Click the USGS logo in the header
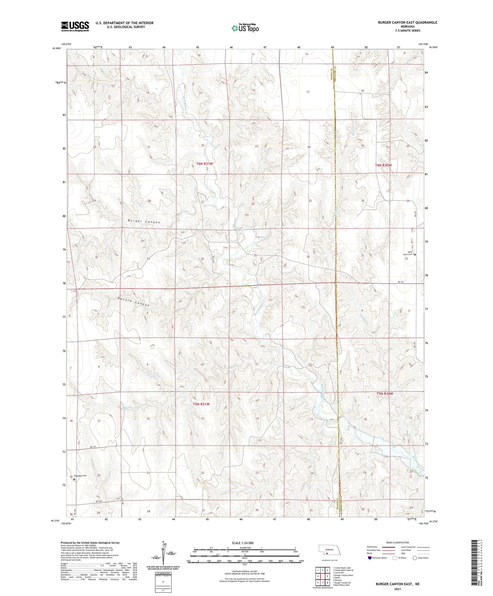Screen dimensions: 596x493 tap(75, 26)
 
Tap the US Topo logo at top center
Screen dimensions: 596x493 tap(245, 28)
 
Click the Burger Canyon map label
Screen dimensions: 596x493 tap(144, 222)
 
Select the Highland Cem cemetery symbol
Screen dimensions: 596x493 tap(74, 479)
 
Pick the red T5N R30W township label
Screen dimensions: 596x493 tap(385, 393)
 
